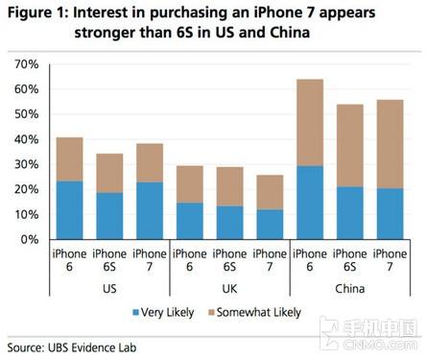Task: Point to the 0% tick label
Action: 28,239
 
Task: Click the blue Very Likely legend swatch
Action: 134,312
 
